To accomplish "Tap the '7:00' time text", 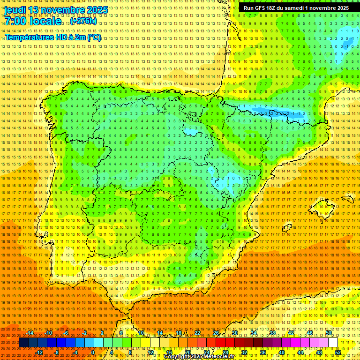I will pos(17,21).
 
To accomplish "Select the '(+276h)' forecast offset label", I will pos(83,21).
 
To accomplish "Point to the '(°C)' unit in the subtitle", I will pos(94,37).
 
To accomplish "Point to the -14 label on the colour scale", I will pos(30,333).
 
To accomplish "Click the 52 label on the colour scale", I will pos(338,352).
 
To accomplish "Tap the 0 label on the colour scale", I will pos(93,352).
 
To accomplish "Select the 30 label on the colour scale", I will pos(234,333).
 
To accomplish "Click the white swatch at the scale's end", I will pos(333,343).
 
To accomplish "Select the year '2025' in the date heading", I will pos(97,10).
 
